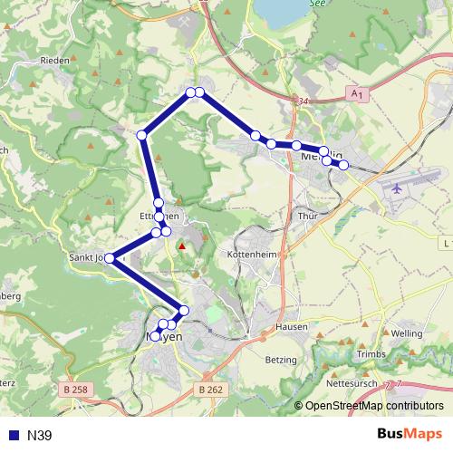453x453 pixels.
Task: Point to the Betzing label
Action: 280,360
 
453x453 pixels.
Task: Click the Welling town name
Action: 407,333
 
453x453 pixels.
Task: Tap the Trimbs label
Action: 371,353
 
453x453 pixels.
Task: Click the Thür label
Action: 306,217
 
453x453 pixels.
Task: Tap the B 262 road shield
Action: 208,389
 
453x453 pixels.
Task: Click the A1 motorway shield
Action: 358,94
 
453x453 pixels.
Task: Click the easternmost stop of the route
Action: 343,164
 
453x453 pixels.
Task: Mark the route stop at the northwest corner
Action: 141,135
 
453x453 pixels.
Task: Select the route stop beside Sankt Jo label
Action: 110,257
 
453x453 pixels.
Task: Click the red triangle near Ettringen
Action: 182,245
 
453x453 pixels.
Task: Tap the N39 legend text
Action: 40,436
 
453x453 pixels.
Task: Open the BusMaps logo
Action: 409,435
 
